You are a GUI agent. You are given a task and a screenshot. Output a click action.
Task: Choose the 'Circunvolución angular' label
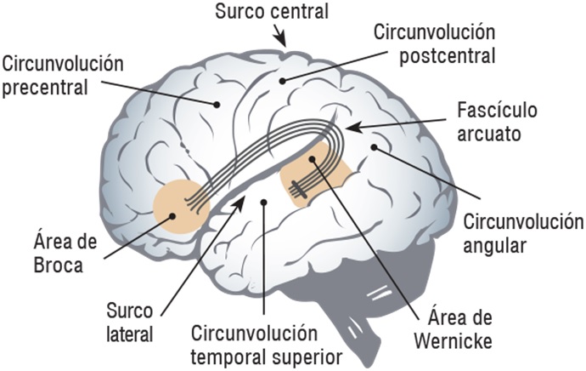coord(521,234)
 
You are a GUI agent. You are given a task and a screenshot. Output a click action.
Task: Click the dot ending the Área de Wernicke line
coord(313,159)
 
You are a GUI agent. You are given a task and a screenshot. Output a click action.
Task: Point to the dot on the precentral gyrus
coord(217,105)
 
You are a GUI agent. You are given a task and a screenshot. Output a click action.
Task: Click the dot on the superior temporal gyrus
coord(264,202)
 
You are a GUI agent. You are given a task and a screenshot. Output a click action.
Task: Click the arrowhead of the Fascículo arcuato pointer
coord(349,128)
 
